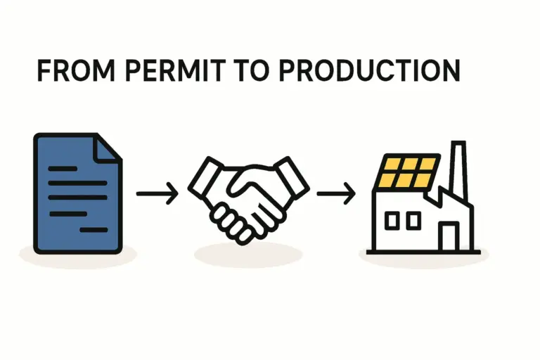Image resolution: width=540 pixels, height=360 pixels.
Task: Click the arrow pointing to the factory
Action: click(x=337, y=192)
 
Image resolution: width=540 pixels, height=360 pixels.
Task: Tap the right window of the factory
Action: click(x=413, y=221)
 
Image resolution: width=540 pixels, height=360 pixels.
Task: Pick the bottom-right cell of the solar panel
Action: click(x=422, y=180)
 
